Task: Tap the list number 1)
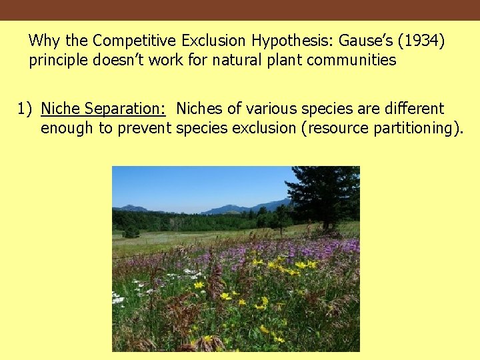[x=25, y=109]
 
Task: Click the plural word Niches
[x=199, y=109]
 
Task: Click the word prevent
[x=145, y=128]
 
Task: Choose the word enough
[x=67, y=128]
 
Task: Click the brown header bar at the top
[x=240, y=10]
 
